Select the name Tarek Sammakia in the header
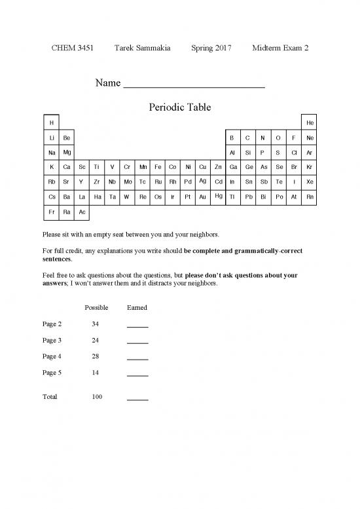[x=143, y=48]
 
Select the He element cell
[x=310, y=123]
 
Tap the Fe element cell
[x=158, y=167]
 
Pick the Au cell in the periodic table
[x=202, y=197]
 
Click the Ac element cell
[x=81, y=212]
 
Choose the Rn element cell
[x=310, y=197]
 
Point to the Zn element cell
[x=217, y=167]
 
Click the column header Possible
[x=97, y=308]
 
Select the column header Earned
[x=137, y=308]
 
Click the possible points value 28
[x=97, y=357]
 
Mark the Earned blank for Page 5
[x=137, y=374]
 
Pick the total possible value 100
[x=97, y=397]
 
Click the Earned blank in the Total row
[x=137, y=398]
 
